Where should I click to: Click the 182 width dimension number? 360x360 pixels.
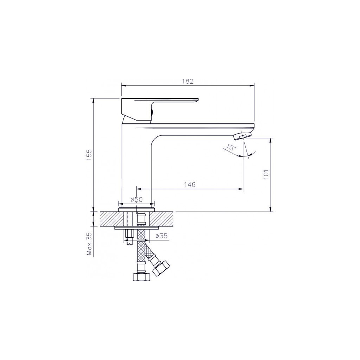click(x=188, y=81)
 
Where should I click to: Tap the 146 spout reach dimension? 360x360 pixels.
click(x=189, y=185)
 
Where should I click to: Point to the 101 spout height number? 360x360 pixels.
click(x=266, y=175)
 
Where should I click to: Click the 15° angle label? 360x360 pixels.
click(x=231, y=147)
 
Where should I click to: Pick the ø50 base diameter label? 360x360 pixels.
click(x=137, y=200)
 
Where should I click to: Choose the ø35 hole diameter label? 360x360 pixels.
click(x=161, y=236)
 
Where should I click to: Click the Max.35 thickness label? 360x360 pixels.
click(x=89, y=244)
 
